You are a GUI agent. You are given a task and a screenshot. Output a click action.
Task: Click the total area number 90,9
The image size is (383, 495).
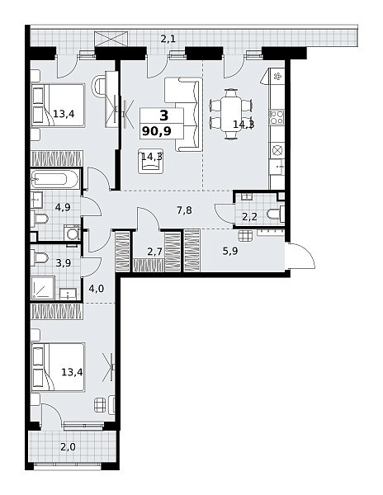tap(157, 130)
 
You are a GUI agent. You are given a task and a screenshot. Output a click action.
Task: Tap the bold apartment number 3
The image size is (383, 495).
tap(164, 115)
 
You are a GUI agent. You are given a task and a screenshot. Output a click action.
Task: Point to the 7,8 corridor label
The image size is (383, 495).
tap(184, 210)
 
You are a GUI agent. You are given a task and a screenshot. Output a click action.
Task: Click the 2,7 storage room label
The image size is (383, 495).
tap(154, 252)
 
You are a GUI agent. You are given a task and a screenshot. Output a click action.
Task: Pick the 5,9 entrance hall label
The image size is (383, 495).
tap(230, 252)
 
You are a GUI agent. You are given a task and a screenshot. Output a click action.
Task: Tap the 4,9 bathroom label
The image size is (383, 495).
tap(63, 207)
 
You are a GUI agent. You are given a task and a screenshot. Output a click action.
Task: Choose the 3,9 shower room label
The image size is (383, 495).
tap(64, 263)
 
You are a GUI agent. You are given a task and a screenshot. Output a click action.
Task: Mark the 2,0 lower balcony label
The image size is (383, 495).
tap(69, 447)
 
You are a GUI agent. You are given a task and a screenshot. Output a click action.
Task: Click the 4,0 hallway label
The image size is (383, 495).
tap(97, 289)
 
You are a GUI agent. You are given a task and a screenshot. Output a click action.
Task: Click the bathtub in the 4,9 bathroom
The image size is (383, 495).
tap(54, 180)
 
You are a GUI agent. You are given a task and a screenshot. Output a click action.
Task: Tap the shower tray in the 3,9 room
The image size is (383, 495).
tap(43, 288)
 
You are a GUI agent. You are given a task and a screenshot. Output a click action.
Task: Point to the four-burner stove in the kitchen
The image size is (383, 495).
tap(277, 117)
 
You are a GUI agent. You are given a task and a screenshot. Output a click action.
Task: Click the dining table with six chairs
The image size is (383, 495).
tap(231, 114)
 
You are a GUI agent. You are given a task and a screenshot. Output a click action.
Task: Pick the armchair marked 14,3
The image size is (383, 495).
tap(150, 162)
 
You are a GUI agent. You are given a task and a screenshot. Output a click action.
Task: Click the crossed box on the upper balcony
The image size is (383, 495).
tap(111, 39)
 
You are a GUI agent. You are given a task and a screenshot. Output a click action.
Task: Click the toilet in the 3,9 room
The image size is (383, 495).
tap(40, 258)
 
